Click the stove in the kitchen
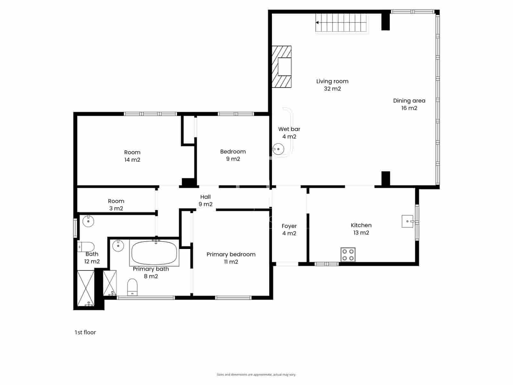[348, 254]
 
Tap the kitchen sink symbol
[408, 221]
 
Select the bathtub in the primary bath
[154, 252]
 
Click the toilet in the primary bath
[132, 287]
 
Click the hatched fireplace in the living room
[282, 67]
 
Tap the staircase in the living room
[342, 23]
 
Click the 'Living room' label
[332, 81]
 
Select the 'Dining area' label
[409, 101]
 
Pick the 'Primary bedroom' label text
[231, 254]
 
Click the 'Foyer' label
[289, 226]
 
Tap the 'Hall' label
[206, 197]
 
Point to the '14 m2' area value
[132, 160]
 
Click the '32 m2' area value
[332, 89]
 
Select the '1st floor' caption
[85, 332]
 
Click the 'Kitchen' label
[361, 226]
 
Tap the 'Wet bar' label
[289, 129]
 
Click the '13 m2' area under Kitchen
[361, 233]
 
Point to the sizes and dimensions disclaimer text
[256, 374]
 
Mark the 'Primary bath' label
[151, 269]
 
